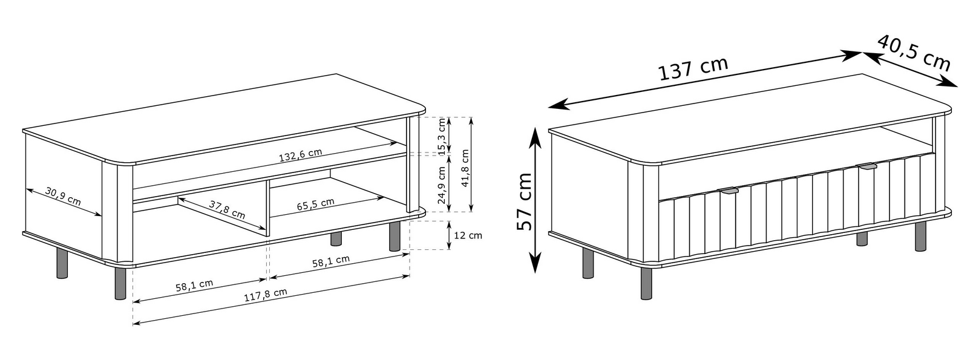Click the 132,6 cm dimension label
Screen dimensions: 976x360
click(300, 155)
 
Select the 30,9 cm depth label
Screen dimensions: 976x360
click(63, 196)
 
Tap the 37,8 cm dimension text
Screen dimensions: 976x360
click(227, 209)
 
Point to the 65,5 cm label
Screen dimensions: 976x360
click(315, 203)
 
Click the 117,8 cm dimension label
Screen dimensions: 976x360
click(266, 295)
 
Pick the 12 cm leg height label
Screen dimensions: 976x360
click(468, 235)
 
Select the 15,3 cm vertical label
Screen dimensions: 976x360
click(443, 136)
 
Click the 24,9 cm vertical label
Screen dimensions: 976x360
click(443, 185)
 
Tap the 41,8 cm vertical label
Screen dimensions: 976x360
click(465, 168)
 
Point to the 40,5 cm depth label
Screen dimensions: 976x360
click(914, 52)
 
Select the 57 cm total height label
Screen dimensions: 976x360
click(524, 201)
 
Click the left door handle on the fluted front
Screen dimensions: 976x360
click(727, 191)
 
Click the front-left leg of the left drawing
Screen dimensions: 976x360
click(120, 283)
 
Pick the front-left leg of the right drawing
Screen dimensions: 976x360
click(647, 283)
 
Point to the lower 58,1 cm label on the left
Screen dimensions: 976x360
click(194, 286)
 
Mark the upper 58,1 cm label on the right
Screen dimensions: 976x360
click(331, 261)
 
